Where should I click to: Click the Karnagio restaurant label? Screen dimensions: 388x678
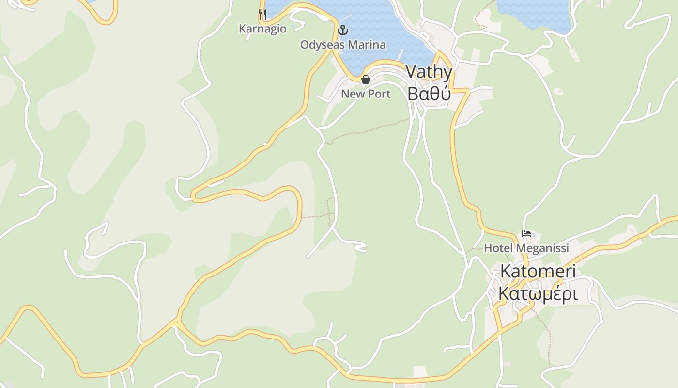click(x=262, y=29)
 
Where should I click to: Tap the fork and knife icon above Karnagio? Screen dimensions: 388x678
click(x=262, y=15)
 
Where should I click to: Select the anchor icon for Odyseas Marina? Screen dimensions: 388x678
click(x=343, y=30)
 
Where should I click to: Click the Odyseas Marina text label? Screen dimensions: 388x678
click(x=343, y=45)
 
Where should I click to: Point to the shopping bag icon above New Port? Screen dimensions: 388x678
click(x=366, y=80)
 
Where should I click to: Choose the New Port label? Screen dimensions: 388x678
click(x=366, y=94)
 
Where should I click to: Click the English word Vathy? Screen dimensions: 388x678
click(x=429, y=72)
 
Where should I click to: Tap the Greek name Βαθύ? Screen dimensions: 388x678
click(x=429, y=94)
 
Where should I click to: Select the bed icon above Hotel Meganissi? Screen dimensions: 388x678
click(x=526, y=234)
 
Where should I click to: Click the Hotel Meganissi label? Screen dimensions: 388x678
click(x=526, y=248)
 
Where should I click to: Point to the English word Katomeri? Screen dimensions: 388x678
click(x=538, y=271)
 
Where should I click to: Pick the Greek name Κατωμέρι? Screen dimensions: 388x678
click(x=538, y=293)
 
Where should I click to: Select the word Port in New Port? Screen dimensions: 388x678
click(x=379, y=94)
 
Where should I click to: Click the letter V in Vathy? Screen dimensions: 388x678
click(x=412, y=72)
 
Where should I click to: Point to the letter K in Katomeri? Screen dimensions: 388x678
click(x=506, y=271)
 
